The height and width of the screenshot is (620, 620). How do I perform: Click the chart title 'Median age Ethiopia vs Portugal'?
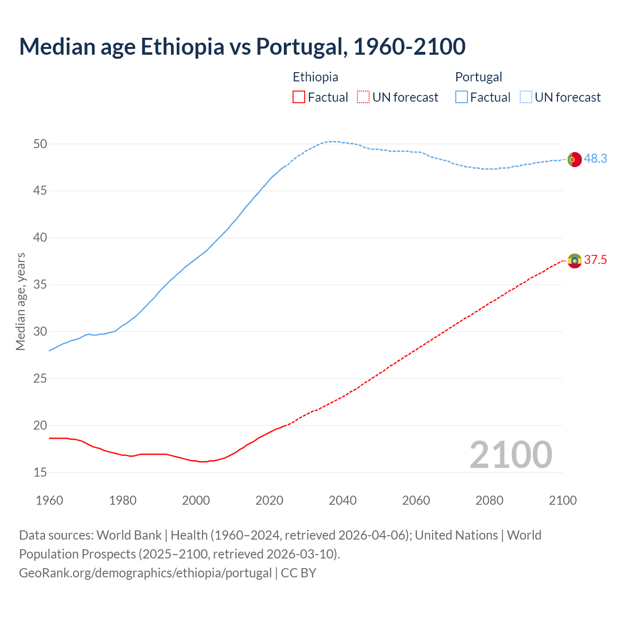coord(242,46)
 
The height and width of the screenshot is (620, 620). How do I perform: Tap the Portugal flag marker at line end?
coord(574,159)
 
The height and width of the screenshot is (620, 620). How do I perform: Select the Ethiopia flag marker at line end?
coord(574,261)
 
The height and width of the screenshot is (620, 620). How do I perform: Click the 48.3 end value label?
coord(595,159)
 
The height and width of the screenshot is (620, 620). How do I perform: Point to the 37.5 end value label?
coord(595,260)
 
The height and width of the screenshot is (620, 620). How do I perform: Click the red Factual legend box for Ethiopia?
coord(299,97)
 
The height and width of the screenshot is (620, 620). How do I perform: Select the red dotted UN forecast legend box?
coord(363,97)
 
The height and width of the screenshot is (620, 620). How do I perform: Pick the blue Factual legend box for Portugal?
coord(461,97)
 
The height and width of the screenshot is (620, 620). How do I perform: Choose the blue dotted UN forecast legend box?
coord(526,97)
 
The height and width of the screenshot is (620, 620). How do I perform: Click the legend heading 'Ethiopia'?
coord(315,77)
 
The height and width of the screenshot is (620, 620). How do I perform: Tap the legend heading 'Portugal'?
coord(478,77)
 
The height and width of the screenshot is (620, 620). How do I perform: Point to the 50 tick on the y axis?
coord(40,144)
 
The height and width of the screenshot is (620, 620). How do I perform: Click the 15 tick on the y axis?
coord(40,472)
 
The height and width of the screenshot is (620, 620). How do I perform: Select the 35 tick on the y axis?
coord(40,285)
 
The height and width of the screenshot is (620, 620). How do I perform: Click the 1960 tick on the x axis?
coord(49,500)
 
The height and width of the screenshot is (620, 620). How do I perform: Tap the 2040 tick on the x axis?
coord(342,500)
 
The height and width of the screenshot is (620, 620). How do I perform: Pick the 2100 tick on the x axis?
coord(562,500)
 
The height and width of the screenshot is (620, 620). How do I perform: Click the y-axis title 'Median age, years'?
coord(20,301)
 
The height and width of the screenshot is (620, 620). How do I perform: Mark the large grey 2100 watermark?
coord(511,455)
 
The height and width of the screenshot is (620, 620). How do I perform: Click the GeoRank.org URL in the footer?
coord(145,573)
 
